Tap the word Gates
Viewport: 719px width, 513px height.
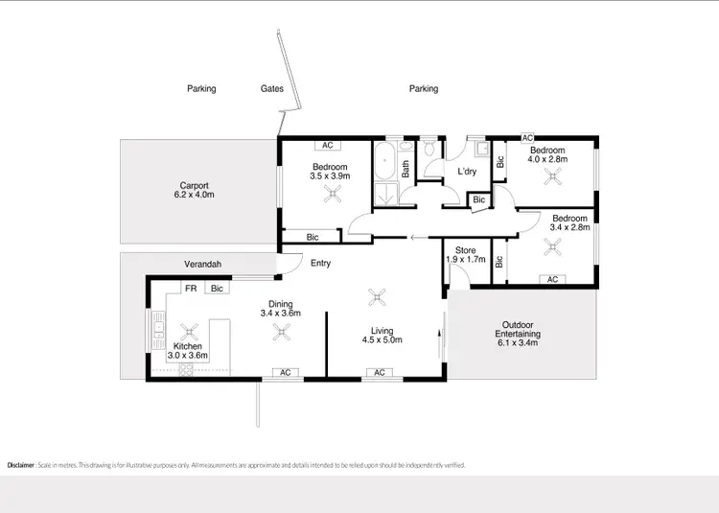point(272,88)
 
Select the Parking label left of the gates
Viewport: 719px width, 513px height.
point(201,88)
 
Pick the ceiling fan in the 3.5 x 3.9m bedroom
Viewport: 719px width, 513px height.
point(332,196)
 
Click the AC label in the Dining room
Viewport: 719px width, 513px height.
point(284,372)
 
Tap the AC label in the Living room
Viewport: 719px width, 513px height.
point(380,372)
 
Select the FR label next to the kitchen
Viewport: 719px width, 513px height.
point(191,288)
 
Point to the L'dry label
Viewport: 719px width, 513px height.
point(467,172)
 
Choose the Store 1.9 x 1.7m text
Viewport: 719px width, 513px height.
point(466,255)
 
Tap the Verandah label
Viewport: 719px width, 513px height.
point(203,264)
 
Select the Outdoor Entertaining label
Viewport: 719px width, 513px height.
point(518,329)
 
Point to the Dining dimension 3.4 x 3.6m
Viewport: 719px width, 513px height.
point(281,313)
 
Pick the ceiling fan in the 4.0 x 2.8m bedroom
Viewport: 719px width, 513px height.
point(551,175)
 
